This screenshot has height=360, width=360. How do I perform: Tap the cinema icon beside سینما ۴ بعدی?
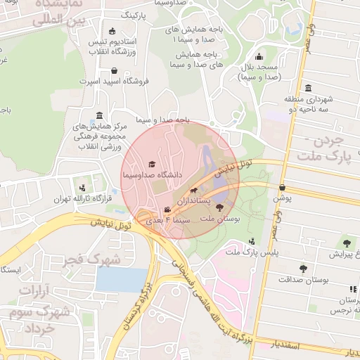(x=167, y=210)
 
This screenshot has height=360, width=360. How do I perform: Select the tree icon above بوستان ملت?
(x=220, y=207)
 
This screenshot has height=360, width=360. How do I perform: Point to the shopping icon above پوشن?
(x=283, y=188)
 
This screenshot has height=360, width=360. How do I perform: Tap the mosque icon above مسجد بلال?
(x=259, y=57)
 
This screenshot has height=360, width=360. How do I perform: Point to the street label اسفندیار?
(x=285, y=346)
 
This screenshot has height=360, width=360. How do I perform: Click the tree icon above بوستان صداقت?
(x=303, y=269)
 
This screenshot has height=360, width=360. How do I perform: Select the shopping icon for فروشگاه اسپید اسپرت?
(x=113, y=70)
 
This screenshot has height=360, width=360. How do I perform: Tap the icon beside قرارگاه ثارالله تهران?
(x=83, y=188)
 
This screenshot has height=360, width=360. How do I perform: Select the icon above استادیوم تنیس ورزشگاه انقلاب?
(x=112, y=31)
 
